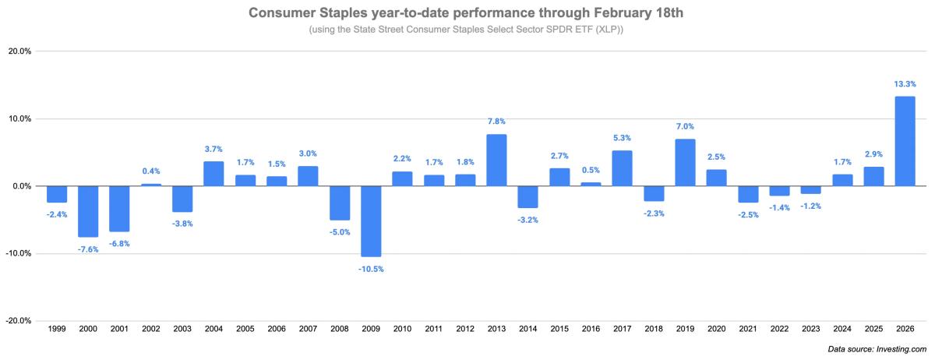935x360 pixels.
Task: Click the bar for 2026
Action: click(x=905, y=141)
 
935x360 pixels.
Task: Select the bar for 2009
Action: click(x=371, y=221)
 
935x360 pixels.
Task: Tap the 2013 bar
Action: click(x=496, y=160)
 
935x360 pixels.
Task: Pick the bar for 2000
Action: click(x=88, y=211)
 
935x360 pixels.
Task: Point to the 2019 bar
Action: click(x=685, y=162)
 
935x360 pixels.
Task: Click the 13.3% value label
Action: click(x=905, y=83)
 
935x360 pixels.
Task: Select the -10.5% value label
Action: click(x=371, y=269)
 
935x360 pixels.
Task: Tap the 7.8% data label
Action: click(x=496, y=121)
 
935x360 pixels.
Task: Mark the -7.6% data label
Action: click(x=88, y=249)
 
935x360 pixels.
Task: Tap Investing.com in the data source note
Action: click(x=901, y=350)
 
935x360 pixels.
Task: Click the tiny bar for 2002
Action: click(x=151, y=185)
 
